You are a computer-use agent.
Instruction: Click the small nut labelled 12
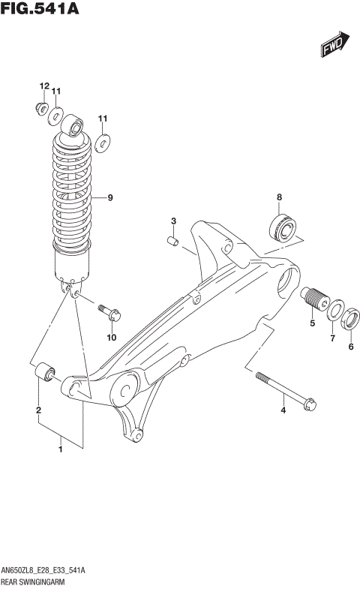click(41, 107)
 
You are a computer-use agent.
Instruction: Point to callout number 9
click(109, 198)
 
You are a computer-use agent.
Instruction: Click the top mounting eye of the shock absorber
click(74, 126)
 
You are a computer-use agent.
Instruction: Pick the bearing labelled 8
click(283, 226)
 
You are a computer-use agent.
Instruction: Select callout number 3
click(173, 221)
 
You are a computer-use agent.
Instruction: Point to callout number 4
click(283, 410)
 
